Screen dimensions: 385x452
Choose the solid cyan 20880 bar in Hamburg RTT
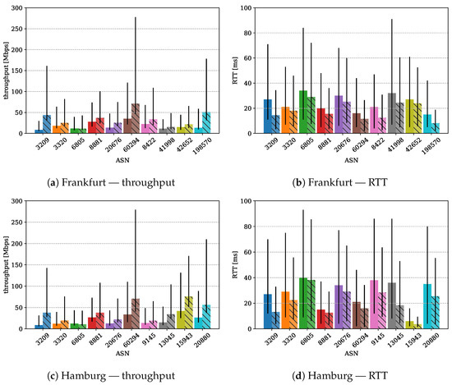[427, 306]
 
